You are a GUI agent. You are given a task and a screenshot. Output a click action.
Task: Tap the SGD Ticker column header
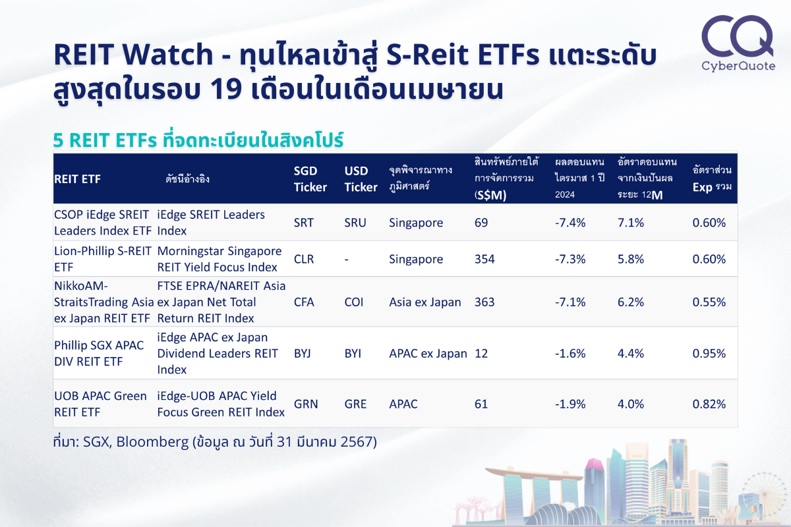310,179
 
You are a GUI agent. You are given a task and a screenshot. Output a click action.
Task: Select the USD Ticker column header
361,179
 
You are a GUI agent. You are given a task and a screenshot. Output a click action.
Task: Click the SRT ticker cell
304,223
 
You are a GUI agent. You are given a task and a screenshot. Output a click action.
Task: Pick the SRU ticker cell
355,223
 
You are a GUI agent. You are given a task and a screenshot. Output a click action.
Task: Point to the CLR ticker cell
304,259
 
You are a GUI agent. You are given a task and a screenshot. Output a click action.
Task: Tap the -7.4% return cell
570,223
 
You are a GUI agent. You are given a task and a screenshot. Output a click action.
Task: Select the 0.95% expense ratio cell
709,353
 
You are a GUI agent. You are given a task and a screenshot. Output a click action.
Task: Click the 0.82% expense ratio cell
709,404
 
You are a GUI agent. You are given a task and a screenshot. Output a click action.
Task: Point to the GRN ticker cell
306,404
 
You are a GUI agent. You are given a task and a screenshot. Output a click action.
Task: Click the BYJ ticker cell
303,353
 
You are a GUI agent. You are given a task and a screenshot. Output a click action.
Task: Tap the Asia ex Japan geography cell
425,302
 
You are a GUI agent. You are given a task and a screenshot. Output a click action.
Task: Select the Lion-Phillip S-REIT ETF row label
102,259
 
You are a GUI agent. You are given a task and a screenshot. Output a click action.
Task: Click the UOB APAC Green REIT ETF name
100,404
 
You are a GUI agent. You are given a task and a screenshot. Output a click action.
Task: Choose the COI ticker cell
353,302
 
